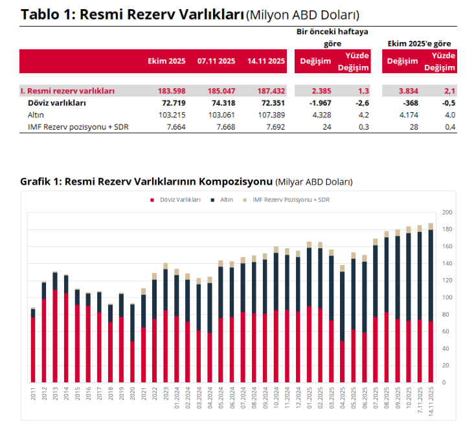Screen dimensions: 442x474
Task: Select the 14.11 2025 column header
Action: [265, 62]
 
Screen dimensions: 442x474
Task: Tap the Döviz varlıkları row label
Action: [57, 103]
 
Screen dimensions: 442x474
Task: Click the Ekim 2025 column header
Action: [166, 62]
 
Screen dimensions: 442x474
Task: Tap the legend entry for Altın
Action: [226, 200]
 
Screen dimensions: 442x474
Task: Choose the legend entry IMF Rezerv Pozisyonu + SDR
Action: [289, 200]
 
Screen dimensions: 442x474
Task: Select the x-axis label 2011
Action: [33, 393]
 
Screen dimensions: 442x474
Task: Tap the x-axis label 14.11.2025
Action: [431, 399]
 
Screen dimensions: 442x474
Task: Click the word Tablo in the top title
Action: [43, 15]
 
